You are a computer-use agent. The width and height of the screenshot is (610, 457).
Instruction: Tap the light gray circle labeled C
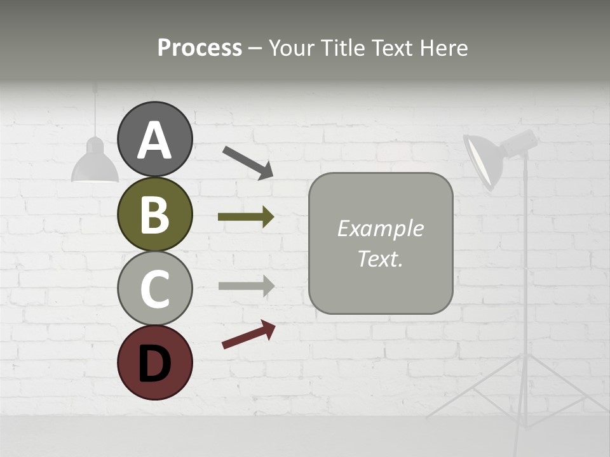click(x=154, y=288)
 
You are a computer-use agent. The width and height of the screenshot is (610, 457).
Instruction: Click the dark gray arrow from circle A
click(x=248, y=162)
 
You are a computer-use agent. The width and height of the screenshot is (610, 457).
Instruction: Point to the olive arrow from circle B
click(x=246, y=217)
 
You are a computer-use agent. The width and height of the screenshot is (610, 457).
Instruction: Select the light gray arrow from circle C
click(x=246, y=286)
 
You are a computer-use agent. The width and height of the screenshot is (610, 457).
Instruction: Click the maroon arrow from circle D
click(x=248, y=334)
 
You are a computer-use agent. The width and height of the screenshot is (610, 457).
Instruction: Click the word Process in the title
click(x=200, y=48)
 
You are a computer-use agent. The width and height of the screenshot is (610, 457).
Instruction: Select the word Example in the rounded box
click(x=380, y=228)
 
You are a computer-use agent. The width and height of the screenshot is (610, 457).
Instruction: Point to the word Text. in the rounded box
click(x=380, y=259)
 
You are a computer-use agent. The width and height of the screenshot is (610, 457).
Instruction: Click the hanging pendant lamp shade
click(x=95, y=163)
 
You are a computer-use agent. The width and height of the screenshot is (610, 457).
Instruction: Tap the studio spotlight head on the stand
click(x=492, y=156)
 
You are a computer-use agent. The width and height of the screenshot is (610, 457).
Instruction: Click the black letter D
click(x=154, y=364)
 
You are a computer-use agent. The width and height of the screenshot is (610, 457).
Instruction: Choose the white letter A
click(x=154, y=141)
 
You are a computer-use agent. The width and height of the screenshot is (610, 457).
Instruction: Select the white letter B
click(x=154, y=215)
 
